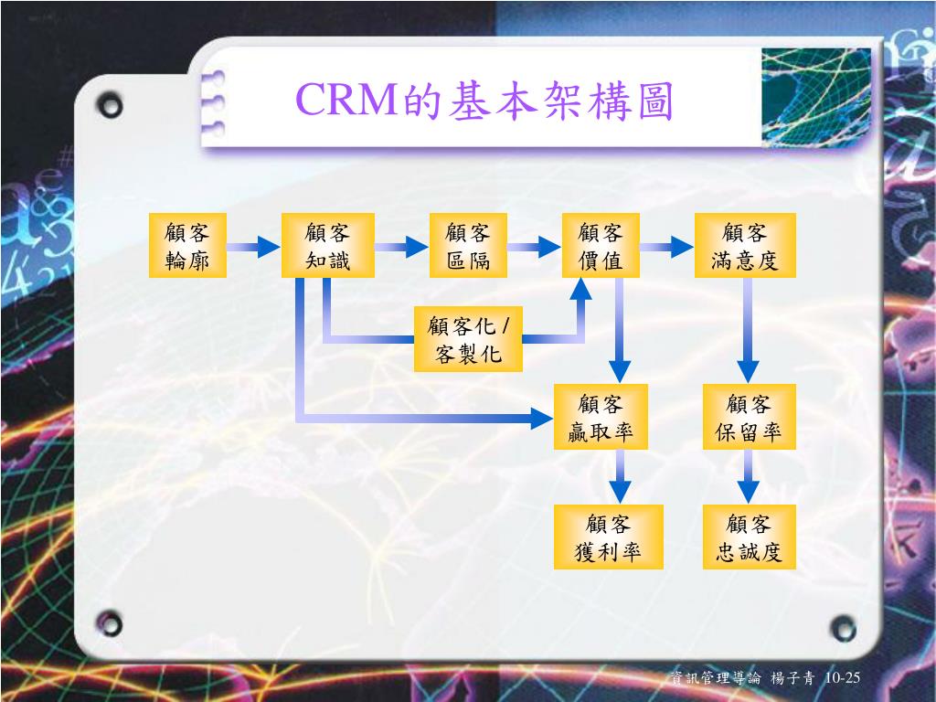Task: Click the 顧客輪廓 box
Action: point(187,245)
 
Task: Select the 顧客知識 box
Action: point(328,245)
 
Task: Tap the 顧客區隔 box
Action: point(468,245)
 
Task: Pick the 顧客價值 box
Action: point(601,245)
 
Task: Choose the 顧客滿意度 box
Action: point(745,245)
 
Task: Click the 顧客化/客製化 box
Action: point(468,339)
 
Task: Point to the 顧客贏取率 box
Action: point(601,417)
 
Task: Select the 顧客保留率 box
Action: point(750,417)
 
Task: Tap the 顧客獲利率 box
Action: point(608,537)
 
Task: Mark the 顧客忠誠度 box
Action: point(750,537)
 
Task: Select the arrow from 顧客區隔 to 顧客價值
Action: point(534,246)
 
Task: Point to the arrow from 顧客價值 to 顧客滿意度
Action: point(666,246)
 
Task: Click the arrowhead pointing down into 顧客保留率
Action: point(748,371)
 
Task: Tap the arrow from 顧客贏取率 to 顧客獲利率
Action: point(621,476)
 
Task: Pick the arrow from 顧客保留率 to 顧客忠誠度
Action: point(748,476)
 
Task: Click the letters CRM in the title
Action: point(346,99)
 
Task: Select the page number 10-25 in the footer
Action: point(842,677)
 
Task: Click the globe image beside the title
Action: point(816,98)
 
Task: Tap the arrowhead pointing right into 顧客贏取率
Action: point(541,418)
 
